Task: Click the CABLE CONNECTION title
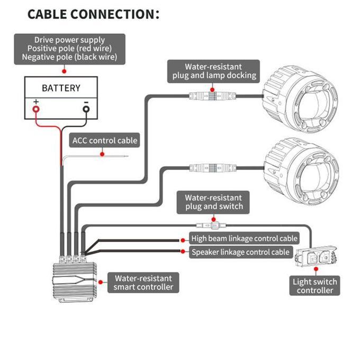point(93,14)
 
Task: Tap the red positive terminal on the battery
point(36,109)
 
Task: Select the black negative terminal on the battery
point(86,109)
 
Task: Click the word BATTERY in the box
point(61,88)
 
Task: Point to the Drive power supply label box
point(70,49)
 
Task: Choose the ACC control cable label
point(104,140)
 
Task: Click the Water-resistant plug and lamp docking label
point(213,71)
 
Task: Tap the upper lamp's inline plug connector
point(213,96)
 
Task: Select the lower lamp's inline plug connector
point(213,168)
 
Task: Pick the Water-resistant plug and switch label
point(213,202)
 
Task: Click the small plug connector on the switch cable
point(211,226)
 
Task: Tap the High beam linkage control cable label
point(244,239)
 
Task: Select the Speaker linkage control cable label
point(241,252)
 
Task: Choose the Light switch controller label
point(314,286)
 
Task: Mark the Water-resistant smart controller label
point(143,283)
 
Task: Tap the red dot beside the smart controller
point(101,282)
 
